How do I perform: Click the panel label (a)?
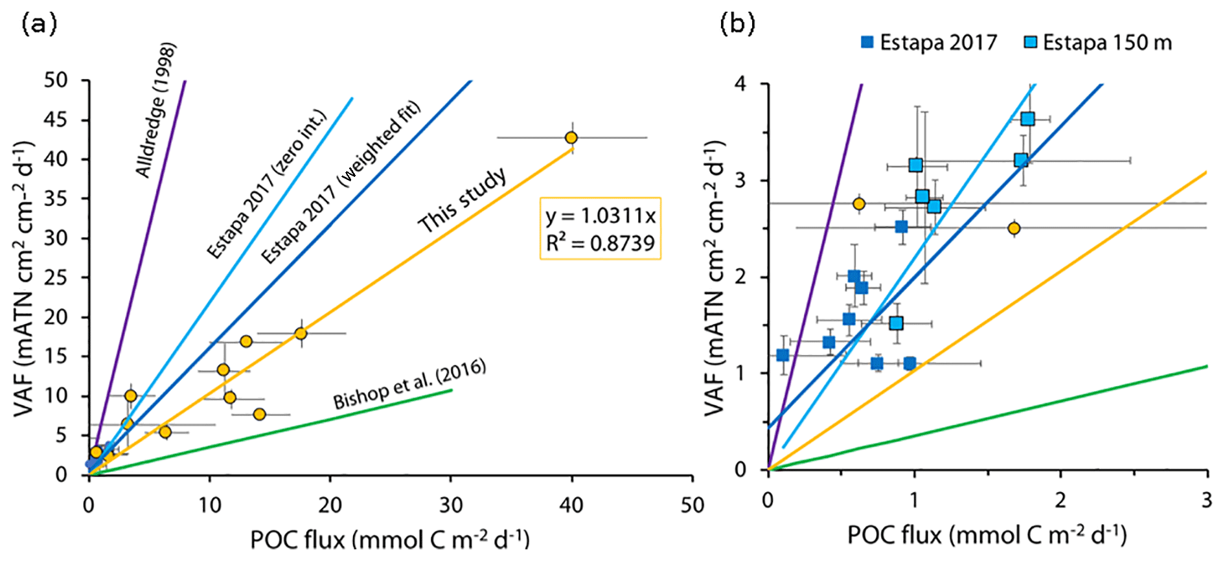(40, 24)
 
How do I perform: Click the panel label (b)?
(738, 24)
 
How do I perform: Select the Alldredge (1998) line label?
(156, 110)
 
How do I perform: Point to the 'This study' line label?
(462, 200)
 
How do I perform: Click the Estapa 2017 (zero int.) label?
(267, 185)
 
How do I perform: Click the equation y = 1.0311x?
(601, 216)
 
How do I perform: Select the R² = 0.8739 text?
(601, 243)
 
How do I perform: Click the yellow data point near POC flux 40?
(571, 137)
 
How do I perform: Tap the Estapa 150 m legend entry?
(1099, 43)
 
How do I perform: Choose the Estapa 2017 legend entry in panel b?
(929, 43)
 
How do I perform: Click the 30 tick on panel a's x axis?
(451, 505)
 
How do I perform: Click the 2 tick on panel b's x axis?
(1060, 500)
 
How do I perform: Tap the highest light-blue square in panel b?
(1027, 119)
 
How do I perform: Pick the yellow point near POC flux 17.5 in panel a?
(301, 334)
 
